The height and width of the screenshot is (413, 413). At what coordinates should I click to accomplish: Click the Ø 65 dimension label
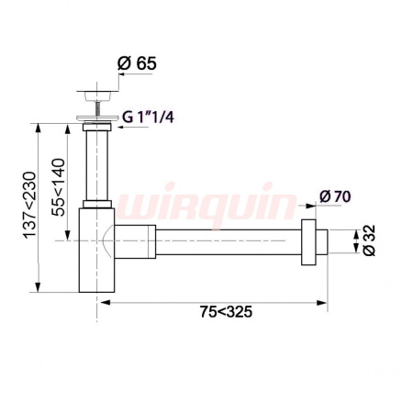137,63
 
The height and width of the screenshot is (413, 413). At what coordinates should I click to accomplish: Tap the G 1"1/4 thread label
148,117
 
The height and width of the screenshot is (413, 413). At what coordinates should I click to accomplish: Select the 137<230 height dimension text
29,205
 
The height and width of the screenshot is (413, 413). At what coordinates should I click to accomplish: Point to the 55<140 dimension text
58,187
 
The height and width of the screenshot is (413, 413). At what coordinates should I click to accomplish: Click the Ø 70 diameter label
335,196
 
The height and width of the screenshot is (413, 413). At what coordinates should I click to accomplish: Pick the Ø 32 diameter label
369,240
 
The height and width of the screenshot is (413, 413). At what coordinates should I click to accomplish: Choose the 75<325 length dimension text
227,312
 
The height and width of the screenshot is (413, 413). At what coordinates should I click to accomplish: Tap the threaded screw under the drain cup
97,108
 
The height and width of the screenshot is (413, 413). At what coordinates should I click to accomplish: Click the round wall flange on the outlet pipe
308,242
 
